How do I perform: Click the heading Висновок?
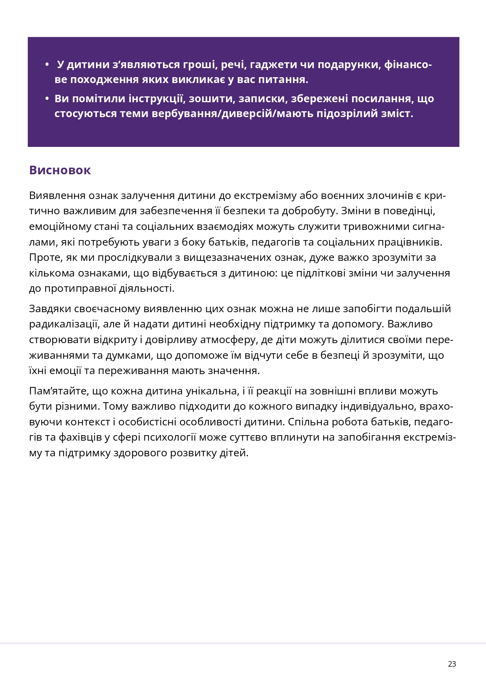(x=60, y=170)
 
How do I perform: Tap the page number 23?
(x=452, y=664)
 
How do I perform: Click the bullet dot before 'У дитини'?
(x=47, y=65)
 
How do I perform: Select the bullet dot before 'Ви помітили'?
(x=47, y=99)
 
